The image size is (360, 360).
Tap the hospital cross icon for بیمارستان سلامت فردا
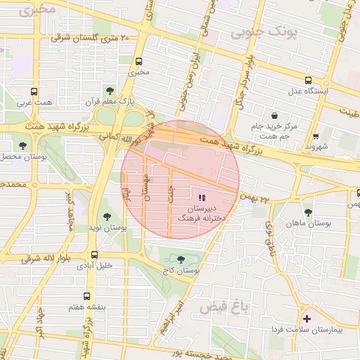306,319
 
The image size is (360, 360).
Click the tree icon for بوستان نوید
106,216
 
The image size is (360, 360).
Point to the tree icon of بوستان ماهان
307,211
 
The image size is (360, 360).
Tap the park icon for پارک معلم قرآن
109,90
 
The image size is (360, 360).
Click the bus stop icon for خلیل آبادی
94,255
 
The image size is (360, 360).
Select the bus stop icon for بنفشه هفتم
86,296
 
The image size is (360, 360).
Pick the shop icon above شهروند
316,136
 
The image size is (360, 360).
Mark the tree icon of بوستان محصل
23,146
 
